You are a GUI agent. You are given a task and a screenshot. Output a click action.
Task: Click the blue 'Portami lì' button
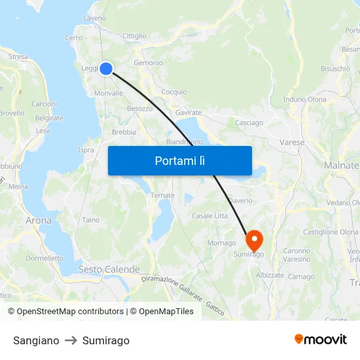click(179, 160)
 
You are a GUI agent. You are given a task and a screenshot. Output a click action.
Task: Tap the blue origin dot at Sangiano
click(105, 68)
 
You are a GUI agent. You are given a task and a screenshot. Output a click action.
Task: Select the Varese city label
click(292, 142)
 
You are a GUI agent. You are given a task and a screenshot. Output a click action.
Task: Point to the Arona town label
click(39, 221)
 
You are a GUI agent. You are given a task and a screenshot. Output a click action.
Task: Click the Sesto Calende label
click(109, 269)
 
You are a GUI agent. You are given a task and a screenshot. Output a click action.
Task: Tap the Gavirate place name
click(189, 113)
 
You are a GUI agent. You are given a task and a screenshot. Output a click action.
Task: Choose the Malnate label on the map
click(342, 166)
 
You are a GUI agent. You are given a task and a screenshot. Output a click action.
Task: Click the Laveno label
click(95, 18)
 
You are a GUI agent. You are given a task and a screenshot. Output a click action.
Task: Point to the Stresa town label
click(18, 57)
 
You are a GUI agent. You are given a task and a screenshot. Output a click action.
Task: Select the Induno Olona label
click(305, 99)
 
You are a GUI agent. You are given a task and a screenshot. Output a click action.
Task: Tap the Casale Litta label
click(209, 216)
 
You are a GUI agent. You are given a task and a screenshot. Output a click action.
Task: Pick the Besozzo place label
click(139, 108)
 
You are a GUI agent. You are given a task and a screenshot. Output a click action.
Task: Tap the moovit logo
click(321, 339)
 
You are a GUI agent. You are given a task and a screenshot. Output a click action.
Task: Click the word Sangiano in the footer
click(36, 340)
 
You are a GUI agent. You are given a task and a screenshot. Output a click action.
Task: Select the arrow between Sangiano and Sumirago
click(71, 340)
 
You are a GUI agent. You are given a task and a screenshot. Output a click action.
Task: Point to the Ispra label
click(86, 150)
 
